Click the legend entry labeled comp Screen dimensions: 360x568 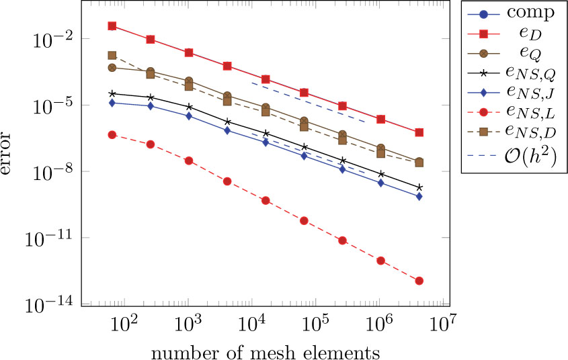514,13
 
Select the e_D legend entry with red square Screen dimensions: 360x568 514,32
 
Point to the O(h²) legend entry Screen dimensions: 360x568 514,156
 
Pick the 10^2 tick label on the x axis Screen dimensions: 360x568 125,326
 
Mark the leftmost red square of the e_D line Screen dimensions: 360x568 112,26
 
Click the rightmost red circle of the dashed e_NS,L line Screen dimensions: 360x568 419,281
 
